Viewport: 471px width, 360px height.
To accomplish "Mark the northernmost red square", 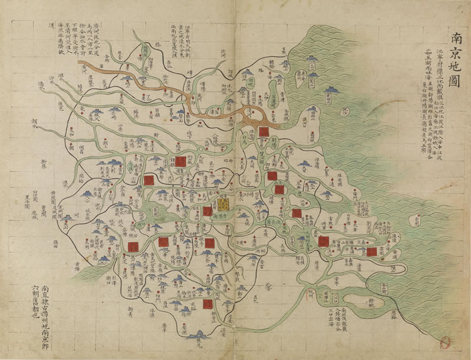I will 263,131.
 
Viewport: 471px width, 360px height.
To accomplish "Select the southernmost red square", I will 207,303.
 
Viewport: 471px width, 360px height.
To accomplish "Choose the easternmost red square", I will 372,252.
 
